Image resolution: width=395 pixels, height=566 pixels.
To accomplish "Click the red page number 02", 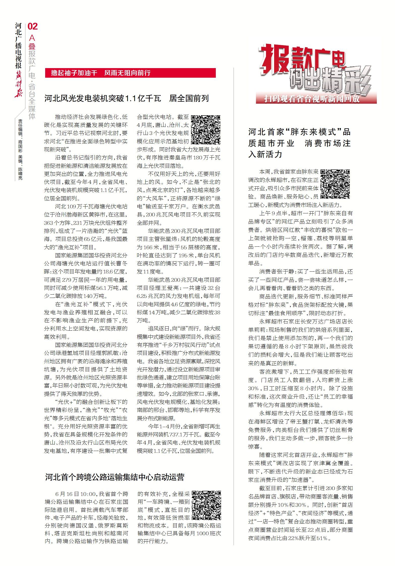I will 33,26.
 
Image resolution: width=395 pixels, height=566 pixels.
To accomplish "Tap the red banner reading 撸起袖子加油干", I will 130,73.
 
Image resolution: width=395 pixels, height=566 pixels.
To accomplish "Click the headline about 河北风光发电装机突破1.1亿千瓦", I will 126,98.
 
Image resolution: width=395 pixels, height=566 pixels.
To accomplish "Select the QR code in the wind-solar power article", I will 205,130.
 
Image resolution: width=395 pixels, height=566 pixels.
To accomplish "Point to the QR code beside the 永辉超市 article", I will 335,184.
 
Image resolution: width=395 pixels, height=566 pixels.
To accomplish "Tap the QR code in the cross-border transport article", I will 206,505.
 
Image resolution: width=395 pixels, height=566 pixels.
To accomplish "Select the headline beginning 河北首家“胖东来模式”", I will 299,143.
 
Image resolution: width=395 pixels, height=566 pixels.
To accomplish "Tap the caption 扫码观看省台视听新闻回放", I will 312,99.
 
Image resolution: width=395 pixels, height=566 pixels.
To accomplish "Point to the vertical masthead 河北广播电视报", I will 18,46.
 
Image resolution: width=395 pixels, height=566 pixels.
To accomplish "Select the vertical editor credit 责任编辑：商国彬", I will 20,136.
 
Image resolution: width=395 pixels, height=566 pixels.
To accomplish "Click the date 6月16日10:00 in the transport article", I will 75,494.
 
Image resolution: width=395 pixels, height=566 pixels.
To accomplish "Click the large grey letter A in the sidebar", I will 32,38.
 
